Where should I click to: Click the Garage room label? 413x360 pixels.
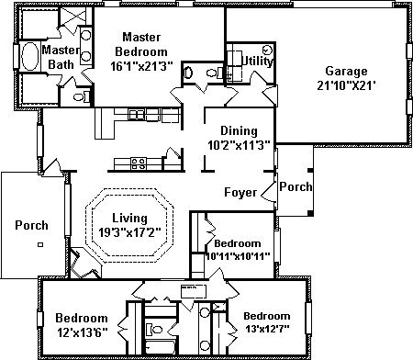346,71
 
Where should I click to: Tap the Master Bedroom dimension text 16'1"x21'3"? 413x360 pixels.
141,66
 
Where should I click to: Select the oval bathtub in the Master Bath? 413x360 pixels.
29,57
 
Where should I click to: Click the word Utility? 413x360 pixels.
257,61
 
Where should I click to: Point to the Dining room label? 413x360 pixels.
239,131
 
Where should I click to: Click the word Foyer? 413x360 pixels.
240,192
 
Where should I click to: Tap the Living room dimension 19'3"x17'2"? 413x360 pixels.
129,232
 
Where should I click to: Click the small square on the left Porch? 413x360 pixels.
40,244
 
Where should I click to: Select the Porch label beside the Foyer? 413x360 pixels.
296,186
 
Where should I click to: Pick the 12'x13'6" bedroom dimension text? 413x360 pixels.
82,332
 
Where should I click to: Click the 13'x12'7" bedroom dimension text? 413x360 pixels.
266,329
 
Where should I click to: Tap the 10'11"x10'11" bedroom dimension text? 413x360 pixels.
238,256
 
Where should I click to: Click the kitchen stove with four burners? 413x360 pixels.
139,163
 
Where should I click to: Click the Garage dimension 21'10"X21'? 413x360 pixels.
346,85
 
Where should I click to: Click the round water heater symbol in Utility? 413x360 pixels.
267,50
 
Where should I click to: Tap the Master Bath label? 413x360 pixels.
61,57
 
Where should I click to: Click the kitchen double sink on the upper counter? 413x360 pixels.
136,115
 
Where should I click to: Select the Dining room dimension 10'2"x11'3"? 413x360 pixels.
239,145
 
